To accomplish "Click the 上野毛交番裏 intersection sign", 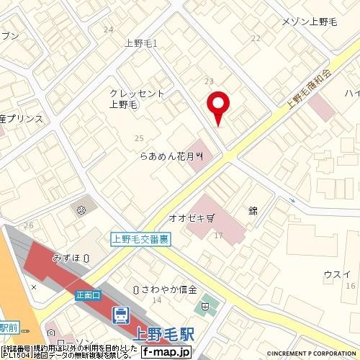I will [x=140, y=240].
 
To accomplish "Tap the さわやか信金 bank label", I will [x=165, y=289].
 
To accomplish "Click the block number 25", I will [x=139, y=137].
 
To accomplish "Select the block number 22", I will [x=255, y=37].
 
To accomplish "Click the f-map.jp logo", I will [x=165, y=353].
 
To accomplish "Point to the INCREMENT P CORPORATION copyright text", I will [x=312, y=354].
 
